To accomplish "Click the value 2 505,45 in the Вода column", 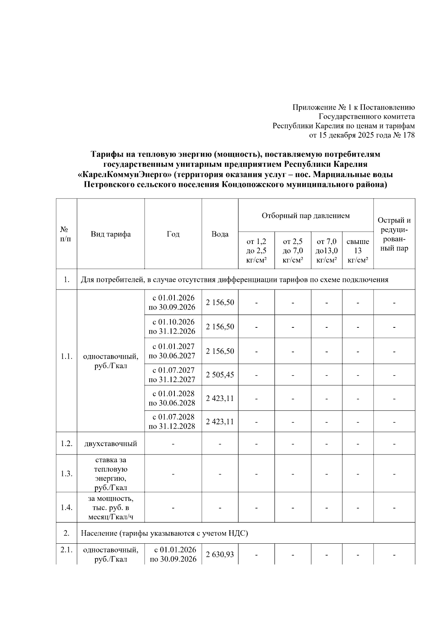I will click(x=220, y=375).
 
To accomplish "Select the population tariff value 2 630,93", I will click(x=220, y=555).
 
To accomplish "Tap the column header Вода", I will click(x=220, y=234).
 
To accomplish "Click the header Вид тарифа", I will click(x=111, y=234).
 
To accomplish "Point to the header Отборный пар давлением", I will click(x=306, y=216).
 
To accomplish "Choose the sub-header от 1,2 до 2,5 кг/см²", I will click(x=256, y=251).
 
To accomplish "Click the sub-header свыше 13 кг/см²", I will click(x=358, y=251).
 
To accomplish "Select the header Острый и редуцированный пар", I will click(x=394, y=234).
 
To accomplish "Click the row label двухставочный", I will click(x=111, y=444).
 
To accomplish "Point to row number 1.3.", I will click(x=66, y=474).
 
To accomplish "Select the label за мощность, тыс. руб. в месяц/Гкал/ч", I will click(x=111, y=507).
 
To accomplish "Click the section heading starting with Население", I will click(x=164, y=533).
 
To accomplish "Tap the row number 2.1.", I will click(x=66, y=550).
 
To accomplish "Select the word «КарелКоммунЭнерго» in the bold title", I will click(x=125, y=175).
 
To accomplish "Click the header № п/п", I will click(x=66, y=234).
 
